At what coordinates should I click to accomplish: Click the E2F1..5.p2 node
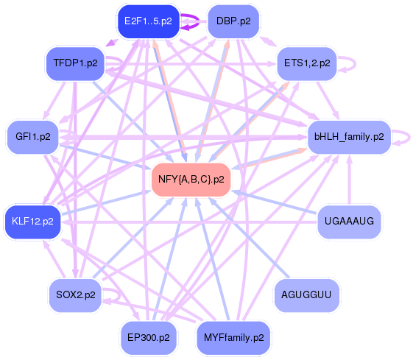click(x=148, y=21)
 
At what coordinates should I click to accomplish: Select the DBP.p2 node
click(x=233, y=21)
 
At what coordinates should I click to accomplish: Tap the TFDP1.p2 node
click(x=75, y=63)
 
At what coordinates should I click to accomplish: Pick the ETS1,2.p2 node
click(x=306, y=63)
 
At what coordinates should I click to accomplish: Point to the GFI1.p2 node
click(x=33, y=136)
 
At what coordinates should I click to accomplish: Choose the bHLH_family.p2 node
click(x=348, y=136)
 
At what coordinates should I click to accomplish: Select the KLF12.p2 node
click(x=33, y=221)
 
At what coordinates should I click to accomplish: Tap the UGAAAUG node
click(x=348, y=221)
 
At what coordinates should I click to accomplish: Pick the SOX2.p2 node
click(x=75, y=294)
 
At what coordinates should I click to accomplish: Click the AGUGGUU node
click(x=306, y=294)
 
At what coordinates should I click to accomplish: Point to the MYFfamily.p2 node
click(x=233, y=338)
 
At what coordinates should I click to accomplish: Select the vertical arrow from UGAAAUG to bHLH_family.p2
click(x=348, y=180)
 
